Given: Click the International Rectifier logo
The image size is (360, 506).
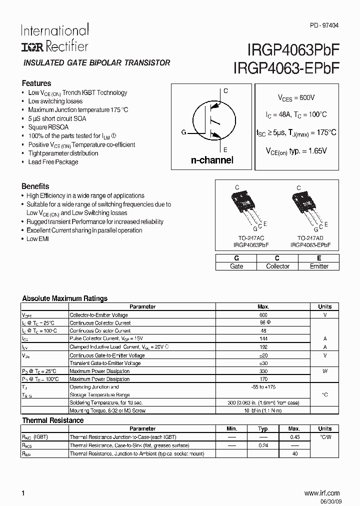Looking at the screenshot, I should tap(54, 38).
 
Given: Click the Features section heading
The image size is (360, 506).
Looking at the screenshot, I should tap(36, 83).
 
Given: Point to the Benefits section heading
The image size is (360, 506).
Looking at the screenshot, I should tap(35, 186).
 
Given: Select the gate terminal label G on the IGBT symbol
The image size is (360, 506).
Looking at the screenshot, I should tap(183, 132).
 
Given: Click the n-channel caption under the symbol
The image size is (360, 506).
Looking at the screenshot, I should tap(212, 160).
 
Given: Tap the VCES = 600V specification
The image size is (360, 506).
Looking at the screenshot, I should tap(296, 98).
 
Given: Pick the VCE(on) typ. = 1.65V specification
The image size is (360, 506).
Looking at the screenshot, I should tap(295, 150).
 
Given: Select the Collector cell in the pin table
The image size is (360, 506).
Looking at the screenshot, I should tap(277, 266).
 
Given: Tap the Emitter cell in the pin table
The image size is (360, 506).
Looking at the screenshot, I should tap(318, 266).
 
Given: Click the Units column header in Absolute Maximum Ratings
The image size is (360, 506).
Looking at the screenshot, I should tap(324, 306).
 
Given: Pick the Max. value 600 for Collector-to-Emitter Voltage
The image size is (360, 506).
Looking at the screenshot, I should tap(263, 315).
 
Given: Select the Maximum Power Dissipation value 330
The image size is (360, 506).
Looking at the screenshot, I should tap(263, 371).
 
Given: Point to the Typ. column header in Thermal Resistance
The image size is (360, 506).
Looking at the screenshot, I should tap(263, 428).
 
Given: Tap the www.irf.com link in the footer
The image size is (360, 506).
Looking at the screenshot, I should tap(321, 493).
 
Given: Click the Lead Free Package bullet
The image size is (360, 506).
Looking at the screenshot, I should tap(53, 162).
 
